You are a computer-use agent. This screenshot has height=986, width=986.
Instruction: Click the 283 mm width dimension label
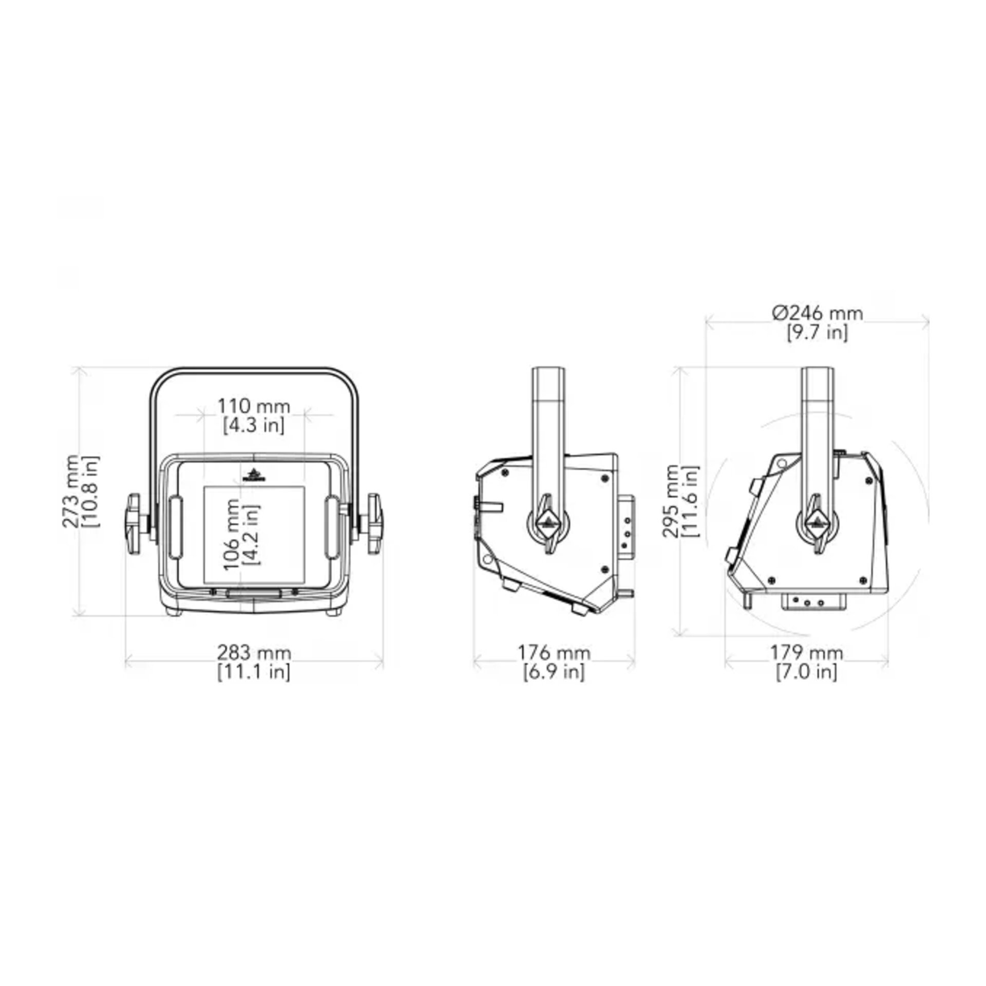(254, 653)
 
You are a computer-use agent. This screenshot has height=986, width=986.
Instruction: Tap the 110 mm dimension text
(254, 406)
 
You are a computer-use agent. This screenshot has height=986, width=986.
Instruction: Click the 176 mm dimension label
(554, 653)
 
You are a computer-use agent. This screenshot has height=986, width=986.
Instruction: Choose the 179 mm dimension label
(806, 653)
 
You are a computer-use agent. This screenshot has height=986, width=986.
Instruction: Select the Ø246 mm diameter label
(817, 313)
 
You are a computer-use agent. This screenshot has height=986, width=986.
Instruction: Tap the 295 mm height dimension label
(671, 501)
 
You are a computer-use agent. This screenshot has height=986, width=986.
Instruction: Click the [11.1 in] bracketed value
(254, 672)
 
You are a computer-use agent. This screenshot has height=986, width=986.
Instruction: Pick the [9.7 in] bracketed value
(817, 332)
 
